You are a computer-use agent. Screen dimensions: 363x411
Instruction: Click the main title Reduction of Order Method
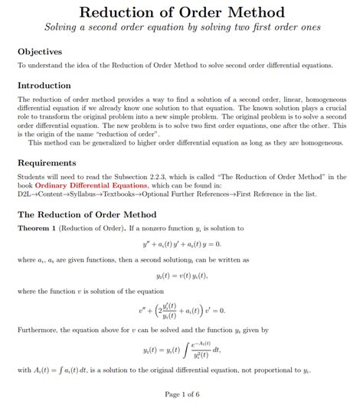(x=181, y=13)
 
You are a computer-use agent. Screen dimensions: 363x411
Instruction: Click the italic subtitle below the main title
(x=181, y=28)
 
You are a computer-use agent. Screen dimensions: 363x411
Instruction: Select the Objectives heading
(x=40, y=51)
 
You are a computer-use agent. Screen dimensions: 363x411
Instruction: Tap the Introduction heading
(x=44, y=85)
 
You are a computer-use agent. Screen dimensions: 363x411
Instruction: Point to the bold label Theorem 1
(x=39, y=228)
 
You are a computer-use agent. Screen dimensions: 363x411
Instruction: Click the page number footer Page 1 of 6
(x=181, y=394)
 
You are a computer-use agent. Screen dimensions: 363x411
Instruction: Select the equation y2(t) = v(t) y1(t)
(x=181, y=275)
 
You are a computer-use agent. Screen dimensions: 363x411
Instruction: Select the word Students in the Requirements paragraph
(x=31, y=177)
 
